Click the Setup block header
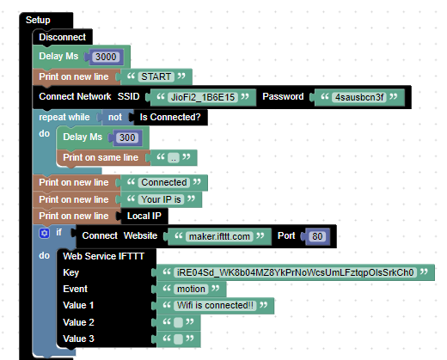point(37,20)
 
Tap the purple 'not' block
point(113,118)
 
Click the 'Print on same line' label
point(101,157)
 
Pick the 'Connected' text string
point(163,182)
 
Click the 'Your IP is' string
point(162,199)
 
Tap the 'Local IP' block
point(144,216)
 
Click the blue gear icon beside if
point(45,234)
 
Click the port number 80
point(317,235)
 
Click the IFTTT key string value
point(294,272)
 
